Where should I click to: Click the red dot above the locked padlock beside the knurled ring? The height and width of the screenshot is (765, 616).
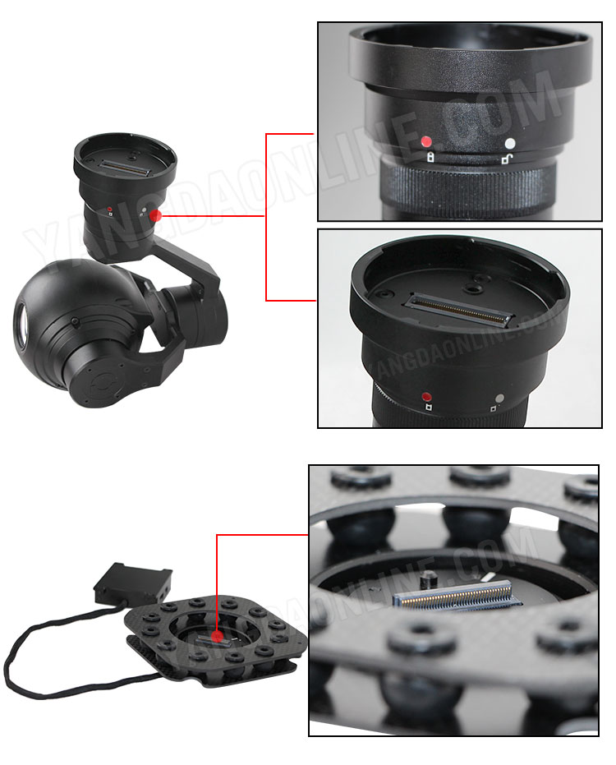pyautogui.click(x=426, y=141)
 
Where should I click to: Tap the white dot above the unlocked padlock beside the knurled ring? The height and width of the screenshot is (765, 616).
pyautogui.click(x=510, y=144)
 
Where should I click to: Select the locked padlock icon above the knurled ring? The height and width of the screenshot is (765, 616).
pyautogui.click(x=430, y=157)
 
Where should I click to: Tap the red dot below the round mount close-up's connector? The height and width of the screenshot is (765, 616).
pyautogui.click(x=427, y=396)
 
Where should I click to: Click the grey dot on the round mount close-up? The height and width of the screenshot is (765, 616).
pyautogui.click(x=499, y=398)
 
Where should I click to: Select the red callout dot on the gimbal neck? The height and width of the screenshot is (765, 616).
pyautogui.click(x=155, y=215)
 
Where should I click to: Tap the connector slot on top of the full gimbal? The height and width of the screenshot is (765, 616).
pyautogui.click(x=124, y=168)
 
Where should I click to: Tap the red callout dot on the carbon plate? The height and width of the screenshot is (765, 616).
pyautogui.click(x=218, y=636)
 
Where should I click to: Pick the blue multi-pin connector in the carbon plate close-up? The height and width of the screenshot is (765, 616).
pyautogui.click(x=457, y=596)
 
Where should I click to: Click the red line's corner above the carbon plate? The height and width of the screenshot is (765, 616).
pyautogui.click(x=217, y=535)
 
